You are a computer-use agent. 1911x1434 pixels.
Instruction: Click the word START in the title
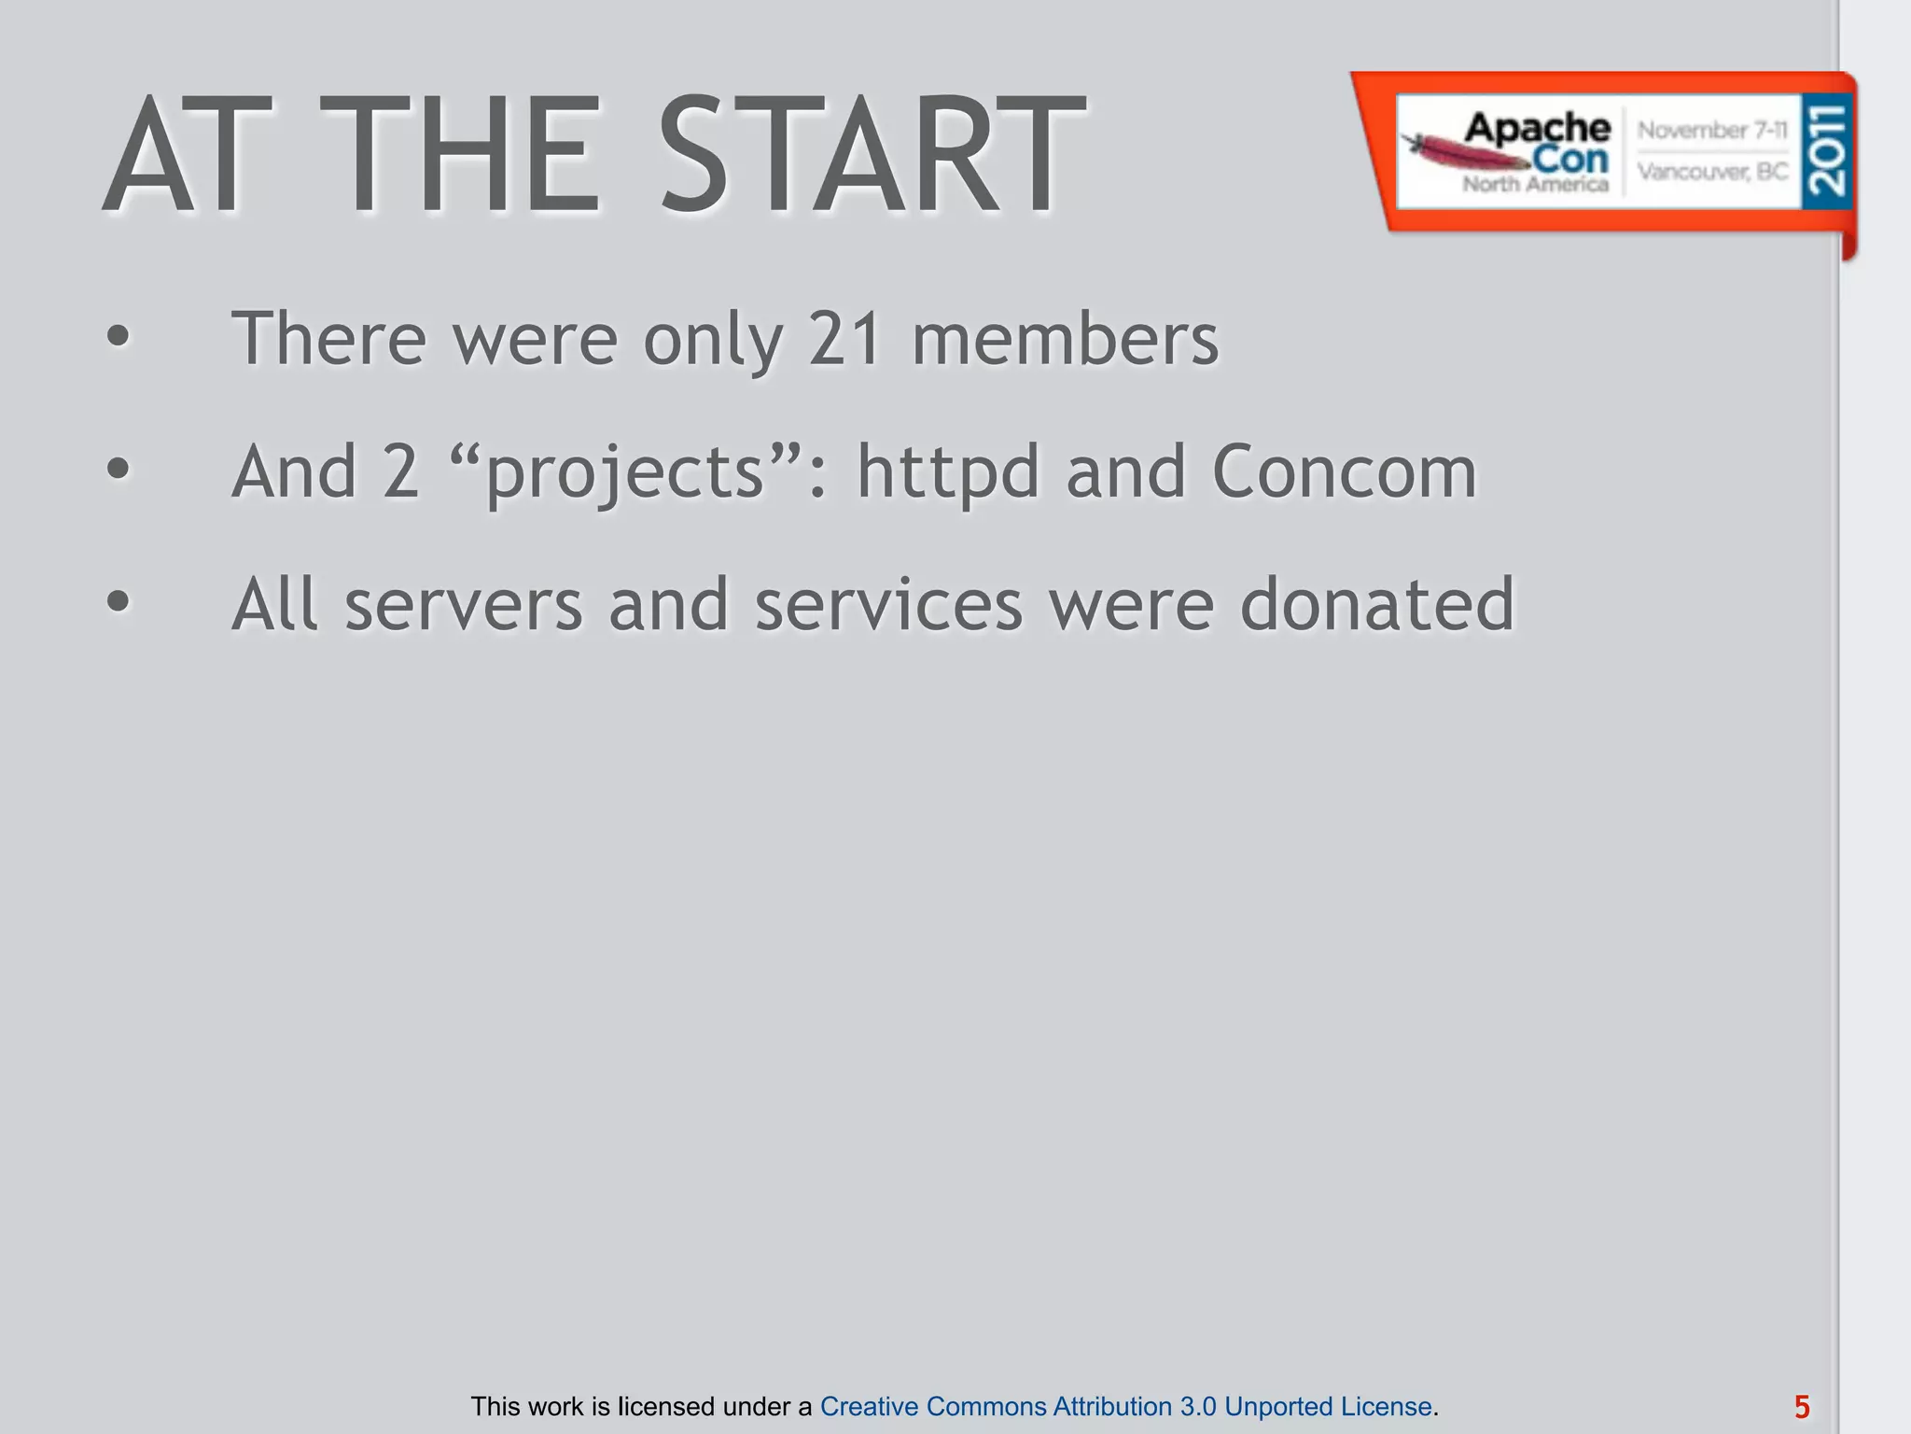[872, 155]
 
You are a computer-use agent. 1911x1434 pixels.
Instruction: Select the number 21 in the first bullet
[844, 338]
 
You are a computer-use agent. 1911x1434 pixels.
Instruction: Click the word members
[1065, 338]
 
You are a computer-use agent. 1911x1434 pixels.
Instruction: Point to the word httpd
[947, 471]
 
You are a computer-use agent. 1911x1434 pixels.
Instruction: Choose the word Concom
[1345, 471]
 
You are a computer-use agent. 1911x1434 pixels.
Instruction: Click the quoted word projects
[625, 473]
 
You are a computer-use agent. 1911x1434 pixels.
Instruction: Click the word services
[888, 605]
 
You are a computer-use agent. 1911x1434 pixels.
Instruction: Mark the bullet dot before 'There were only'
[118, 337]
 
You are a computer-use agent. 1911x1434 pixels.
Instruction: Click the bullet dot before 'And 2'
[118, 470]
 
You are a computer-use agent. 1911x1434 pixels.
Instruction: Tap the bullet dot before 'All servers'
[118, 602]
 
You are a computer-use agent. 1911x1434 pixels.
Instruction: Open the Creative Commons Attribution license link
[1125, 1406]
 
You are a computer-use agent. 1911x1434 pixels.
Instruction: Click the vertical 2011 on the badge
[1826, 150]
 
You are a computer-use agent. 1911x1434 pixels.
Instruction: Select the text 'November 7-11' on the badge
[1712, 130]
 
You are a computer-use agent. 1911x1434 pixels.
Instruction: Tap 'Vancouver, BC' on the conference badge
[1712, 172]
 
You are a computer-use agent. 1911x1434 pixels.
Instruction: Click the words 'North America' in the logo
[1535, 184]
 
